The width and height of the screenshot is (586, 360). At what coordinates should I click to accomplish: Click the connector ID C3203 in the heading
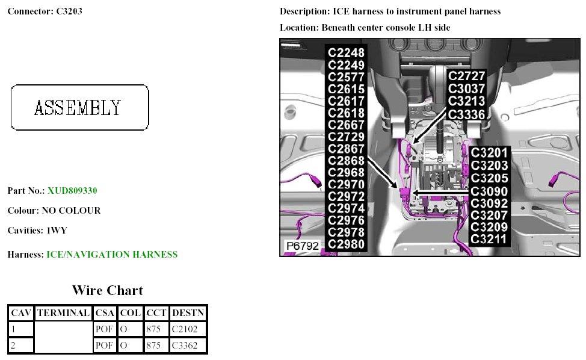click(x=69, y=11)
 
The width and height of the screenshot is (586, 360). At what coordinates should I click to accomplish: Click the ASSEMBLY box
click(x=79, y=108)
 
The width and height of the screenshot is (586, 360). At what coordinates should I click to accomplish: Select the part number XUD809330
click(x=72, y=191)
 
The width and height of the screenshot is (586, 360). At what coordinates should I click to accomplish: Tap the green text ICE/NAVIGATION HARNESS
click(x=112, y=255)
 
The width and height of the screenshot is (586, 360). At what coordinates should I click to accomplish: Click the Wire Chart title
click(x=108, y=290)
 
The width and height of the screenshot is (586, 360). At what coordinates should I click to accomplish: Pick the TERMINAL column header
click(x=63, y=313)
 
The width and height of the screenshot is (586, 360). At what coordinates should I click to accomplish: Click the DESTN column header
click(x=188, y=313)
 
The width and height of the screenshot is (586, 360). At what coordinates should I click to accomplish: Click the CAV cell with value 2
click(x=21, y=346)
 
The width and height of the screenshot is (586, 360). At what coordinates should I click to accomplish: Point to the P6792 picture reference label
click(x=302, y=246)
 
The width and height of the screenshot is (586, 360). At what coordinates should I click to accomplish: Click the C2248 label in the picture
click(x=346, y=52)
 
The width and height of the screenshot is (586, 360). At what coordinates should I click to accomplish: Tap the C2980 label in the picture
click(x=346, y=244)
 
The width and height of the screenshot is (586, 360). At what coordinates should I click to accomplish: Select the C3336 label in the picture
click(x=466, y=114)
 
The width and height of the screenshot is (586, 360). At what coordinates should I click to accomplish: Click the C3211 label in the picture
click(x=489, y=240)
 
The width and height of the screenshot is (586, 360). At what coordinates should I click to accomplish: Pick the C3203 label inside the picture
click(x=489, y=165)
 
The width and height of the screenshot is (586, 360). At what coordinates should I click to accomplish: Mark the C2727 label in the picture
click(x=466, y=76)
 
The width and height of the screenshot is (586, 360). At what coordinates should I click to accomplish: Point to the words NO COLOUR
click(x=71, y=211)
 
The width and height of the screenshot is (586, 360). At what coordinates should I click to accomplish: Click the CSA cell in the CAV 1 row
click(x=104, y=329)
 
